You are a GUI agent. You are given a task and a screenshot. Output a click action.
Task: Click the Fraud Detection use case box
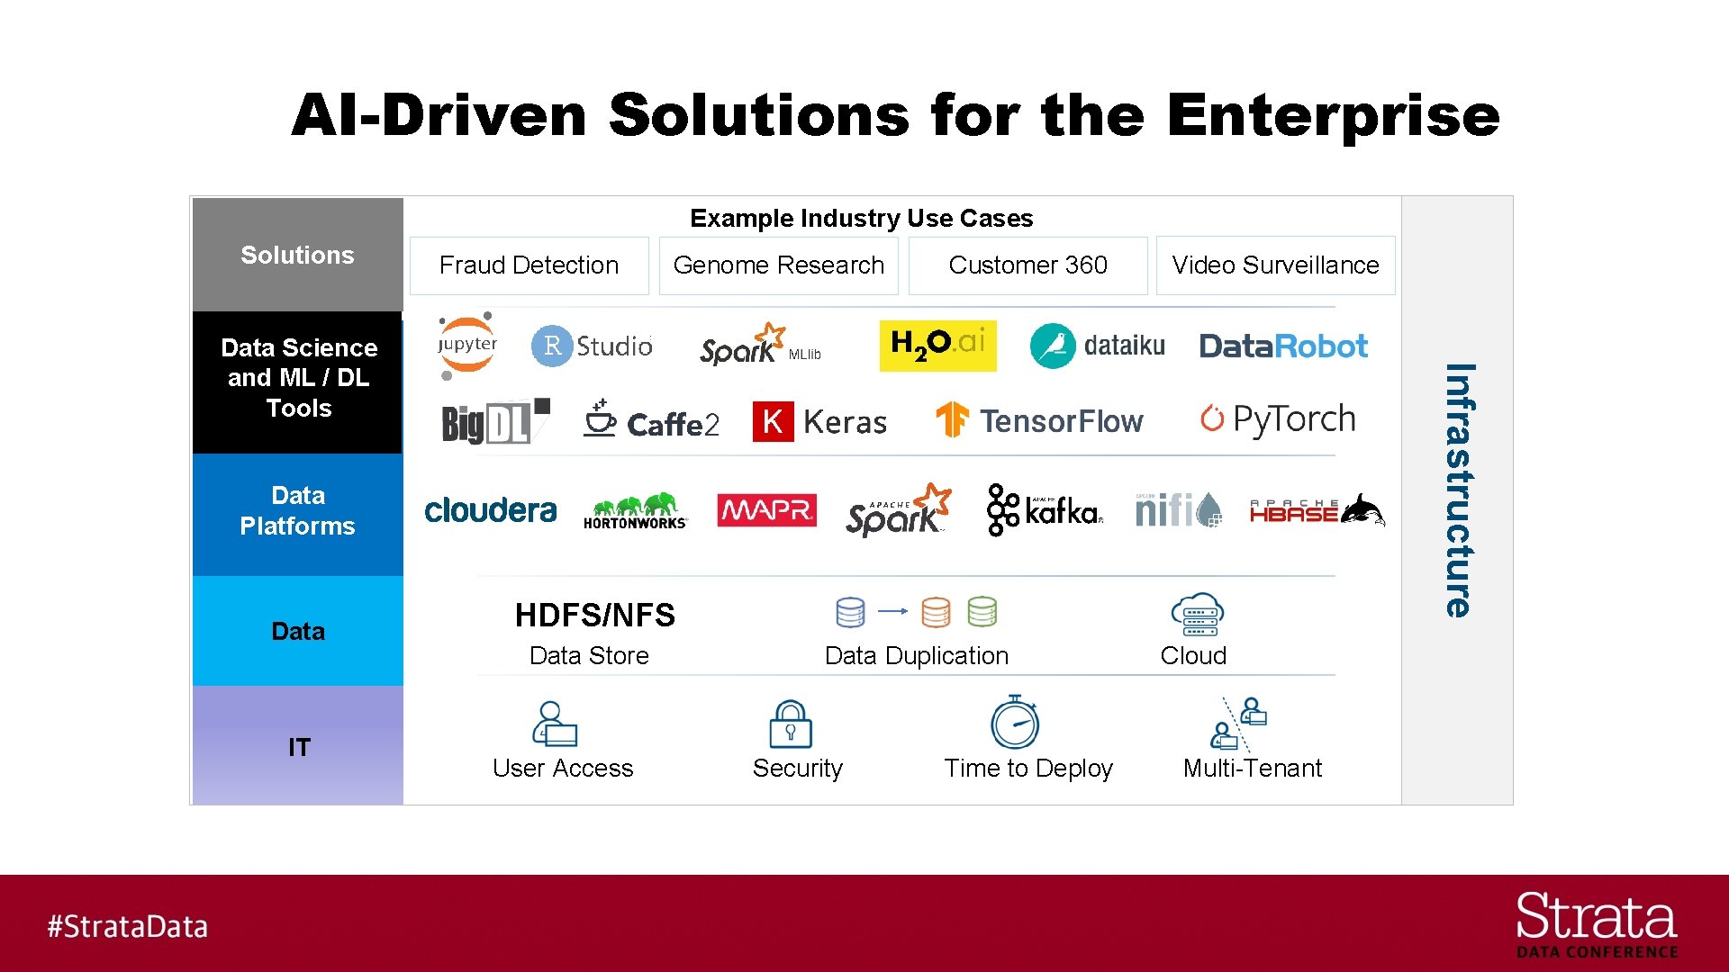tap(529, 265)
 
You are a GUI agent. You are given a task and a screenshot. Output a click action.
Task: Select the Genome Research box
tap(778, 265)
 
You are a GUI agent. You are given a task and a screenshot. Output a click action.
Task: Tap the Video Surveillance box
tap(1275, 265)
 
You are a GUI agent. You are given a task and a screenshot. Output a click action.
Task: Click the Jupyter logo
tap(466, 346)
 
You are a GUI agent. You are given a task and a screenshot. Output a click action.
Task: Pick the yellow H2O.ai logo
tap(937, 346)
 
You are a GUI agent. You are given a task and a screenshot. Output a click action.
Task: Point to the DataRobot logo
tap(1283, 346)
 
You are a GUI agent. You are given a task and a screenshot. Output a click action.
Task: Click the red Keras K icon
tap(773, 421)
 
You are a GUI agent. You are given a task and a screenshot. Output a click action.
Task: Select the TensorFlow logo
tap(1039, 420)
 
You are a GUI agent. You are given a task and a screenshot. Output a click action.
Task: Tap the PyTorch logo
tap(1277, 419)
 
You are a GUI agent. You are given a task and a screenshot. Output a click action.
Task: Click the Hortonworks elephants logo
tap(635, 510)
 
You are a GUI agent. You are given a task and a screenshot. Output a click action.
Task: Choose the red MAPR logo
tap(766, 510)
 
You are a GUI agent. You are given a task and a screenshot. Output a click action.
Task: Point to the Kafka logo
tap(1045, 510)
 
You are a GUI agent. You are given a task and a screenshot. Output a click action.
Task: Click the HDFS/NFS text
tap(594, 616)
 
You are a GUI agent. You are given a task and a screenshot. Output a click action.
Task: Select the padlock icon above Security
tap(791, 724)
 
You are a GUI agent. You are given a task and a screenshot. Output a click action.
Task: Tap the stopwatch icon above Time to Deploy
tap(1015, 722)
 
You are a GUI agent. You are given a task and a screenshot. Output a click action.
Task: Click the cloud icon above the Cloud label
tap(1197, 615)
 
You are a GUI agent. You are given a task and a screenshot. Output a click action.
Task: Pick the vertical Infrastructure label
tap(1459, 490)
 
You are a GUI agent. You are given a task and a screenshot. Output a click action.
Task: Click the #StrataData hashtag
tap(128, 926)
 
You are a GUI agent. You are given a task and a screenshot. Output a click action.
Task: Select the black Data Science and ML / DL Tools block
tap(298, 382)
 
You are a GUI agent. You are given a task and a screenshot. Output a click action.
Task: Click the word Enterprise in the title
tap(1333, 115)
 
